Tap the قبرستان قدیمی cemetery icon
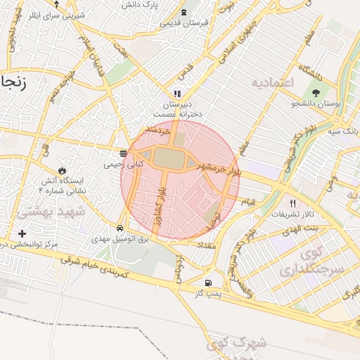[x=184, y=12]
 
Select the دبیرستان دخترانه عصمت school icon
[x=177, y=93]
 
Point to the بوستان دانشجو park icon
[x=314, y=91]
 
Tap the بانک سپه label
[x=345, y=131]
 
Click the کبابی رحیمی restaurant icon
[x=124, y=153]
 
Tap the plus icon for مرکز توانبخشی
[x=22, y=233]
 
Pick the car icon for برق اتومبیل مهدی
[x=120, y=229]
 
